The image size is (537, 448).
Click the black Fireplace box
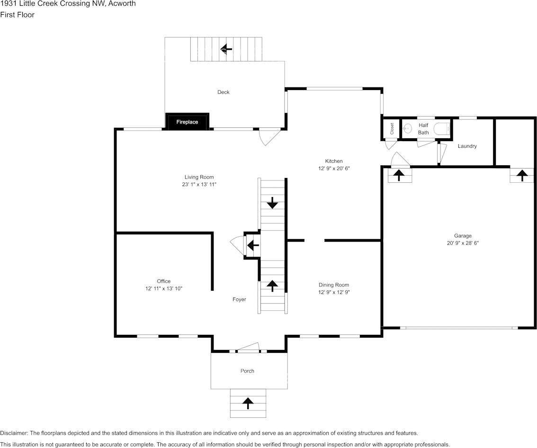(x=187, y=121)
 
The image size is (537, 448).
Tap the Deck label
(x=224, y=92)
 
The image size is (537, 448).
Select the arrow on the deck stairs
(x=226, y=49)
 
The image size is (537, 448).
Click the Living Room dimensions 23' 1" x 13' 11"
(x=199, y=184)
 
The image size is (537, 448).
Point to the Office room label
(x=164, y=281)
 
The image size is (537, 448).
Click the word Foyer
(x=239, y=299)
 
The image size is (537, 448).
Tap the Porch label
(x=247, y=371)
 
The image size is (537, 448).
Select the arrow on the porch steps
(x=248, y=403)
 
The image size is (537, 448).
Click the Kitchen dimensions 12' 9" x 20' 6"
(x=334, y=168)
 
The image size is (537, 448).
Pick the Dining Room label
(x=334, y=285)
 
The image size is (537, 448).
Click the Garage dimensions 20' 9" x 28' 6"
(x=463, y=243)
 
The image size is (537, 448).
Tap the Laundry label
(x=467, y=146)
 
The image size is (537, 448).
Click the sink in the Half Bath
(x=407, y=129)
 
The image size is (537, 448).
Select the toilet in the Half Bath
(x=442, y=129)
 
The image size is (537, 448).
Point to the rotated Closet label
(x=392, y=129)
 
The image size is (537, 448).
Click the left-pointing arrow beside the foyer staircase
(x=253, y=245)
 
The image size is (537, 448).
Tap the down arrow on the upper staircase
(x=273, y=203)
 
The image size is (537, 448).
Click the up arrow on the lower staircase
(x=273, y=286)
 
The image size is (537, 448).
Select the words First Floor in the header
(x=17, y=15)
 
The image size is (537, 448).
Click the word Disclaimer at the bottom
(x=14, y=433)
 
